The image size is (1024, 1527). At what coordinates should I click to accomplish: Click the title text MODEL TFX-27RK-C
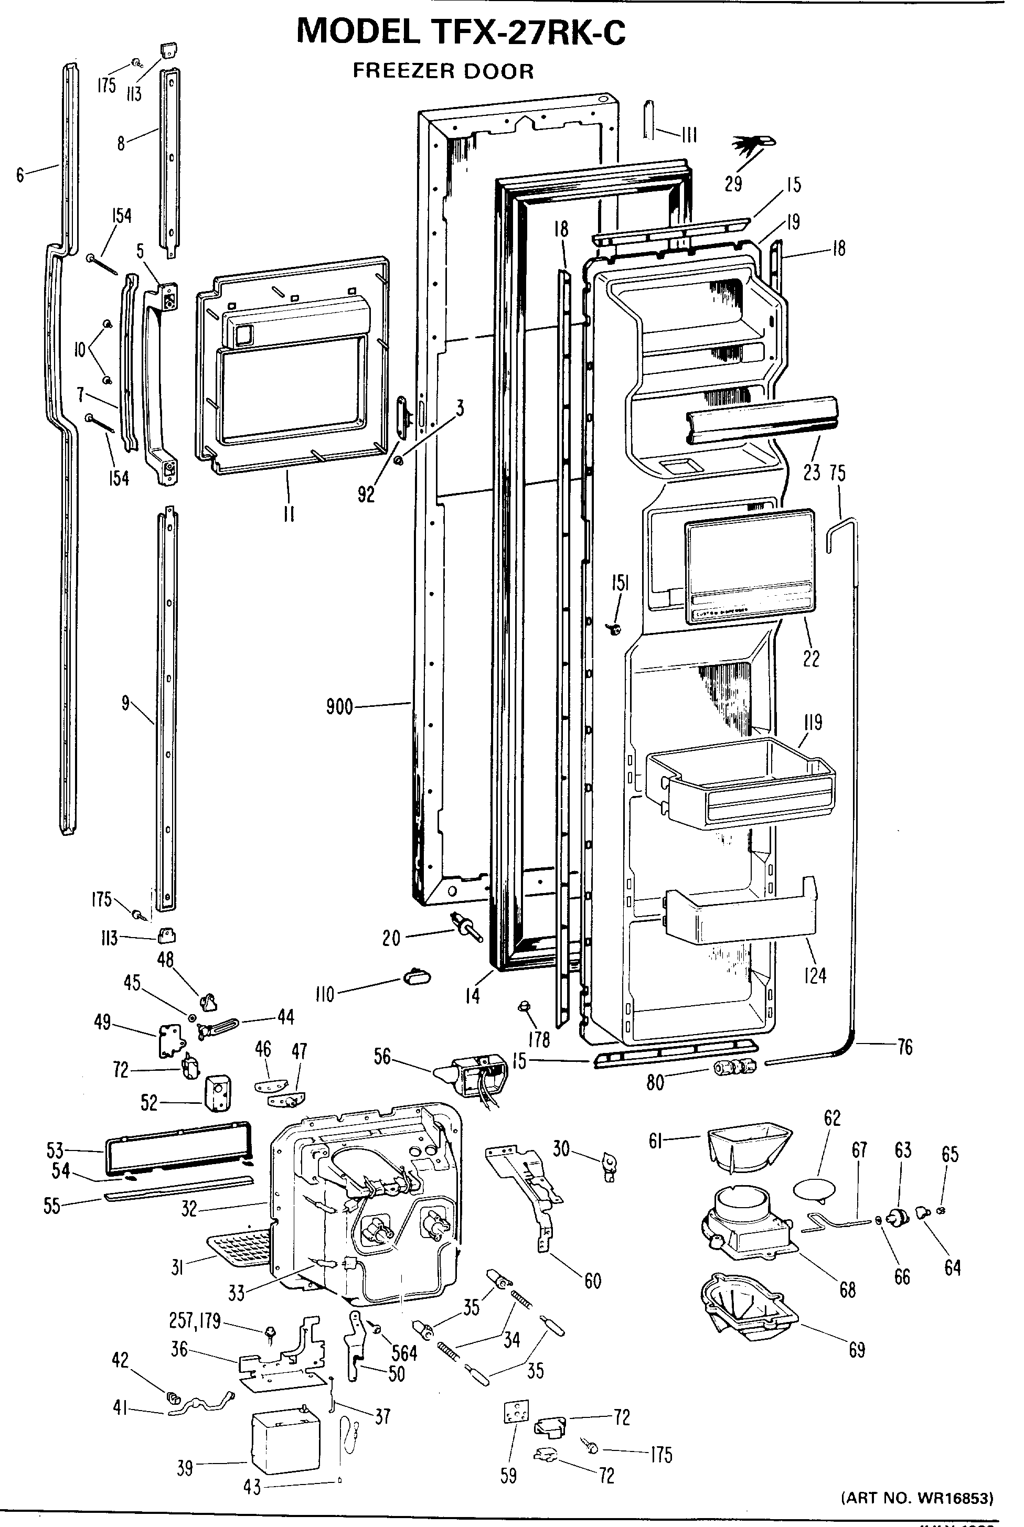[x=461, y=31]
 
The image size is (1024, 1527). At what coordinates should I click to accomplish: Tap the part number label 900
[x=339, y=706]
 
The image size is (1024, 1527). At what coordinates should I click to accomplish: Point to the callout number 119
[x=813, y=722]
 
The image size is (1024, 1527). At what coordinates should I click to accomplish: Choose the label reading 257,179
[x=195, y=1321]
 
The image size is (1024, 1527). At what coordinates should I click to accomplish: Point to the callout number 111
[x=688, y=135]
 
